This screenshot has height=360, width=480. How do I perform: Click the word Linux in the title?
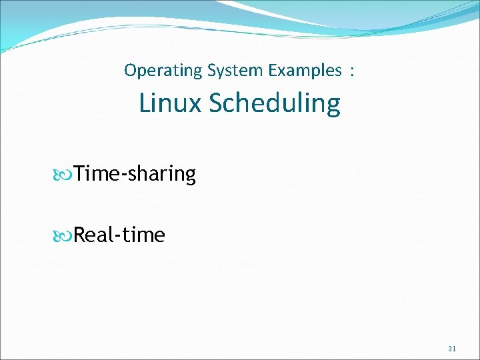pyautogui.click(x=170, y=103)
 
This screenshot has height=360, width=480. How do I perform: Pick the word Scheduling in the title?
pyautogui.click(x=274, y=103)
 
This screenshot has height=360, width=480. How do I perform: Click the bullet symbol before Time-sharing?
pyautogui.click(x=64, y=175)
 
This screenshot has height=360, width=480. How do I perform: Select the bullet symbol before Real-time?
pyautogui.click(x=64, y=235)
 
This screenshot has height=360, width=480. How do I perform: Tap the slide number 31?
pyautogui.click(x=452, y=348)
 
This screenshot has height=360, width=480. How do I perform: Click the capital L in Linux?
pyautogui.click(x=145, y=103)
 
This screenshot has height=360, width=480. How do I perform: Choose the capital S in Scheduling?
pyautogui.click(x=216, y=103)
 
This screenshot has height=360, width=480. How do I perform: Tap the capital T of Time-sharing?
pyautogui.click(x=79, y=174)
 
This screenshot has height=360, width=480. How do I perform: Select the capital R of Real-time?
pyautogui.click(x=79, y=235)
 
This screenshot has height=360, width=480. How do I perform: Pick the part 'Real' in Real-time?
pyautogui.click(x=93, y=235)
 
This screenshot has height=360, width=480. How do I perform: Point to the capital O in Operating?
pyautogui.click(x=130, y=70)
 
